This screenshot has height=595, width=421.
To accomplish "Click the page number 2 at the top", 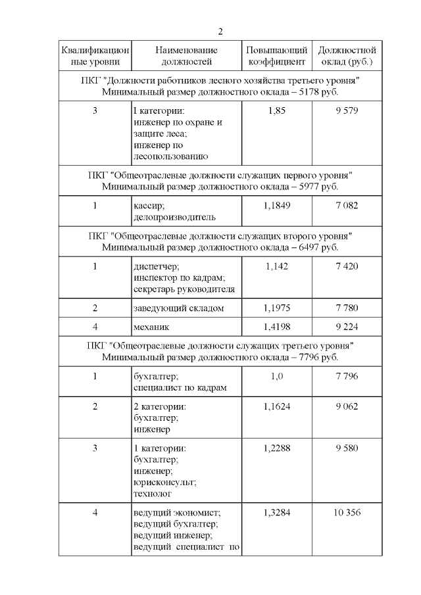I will pyautogui.click(x=220, y=32).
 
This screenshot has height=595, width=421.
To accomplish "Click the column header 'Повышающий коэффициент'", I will pyautogui.click(x=276, y=56).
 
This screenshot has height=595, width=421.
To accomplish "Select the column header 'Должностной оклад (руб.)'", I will pyautogui.click(x=347, y=56).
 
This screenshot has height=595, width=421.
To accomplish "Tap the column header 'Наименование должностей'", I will pyautogui.click(x=187, y=56).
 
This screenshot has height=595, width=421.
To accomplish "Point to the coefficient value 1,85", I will pyautogui.click(x=277, y=110).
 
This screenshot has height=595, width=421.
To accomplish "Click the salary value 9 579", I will pyautogui.click(x=346, y=110).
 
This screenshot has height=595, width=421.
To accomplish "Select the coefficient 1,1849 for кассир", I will pyautogui.click(x=277, y=206).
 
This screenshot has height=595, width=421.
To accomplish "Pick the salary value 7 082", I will pyautogui.click(x=346, y=206).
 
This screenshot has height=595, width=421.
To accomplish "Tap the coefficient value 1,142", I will pyautogui.click(x=277, y=266).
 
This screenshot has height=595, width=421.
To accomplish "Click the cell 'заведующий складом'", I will pyautogui.click(x=178, y=308).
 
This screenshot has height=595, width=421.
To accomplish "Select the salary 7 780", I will pyautogui.click(x=346, y=308).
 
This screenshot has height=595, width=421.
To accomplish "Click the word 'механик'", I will pyautogui.click(x=151, y=327).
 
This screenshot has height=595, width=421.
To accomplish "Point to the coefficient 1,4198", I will pyautogui.click(x=277, y=327).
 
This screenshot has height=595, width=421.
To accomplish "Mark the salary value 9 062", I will pyautogui.click(x=346, y=406).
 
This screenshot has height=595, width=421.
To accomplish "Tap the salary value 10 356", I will pyautogui.click(x=346, y=513).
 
